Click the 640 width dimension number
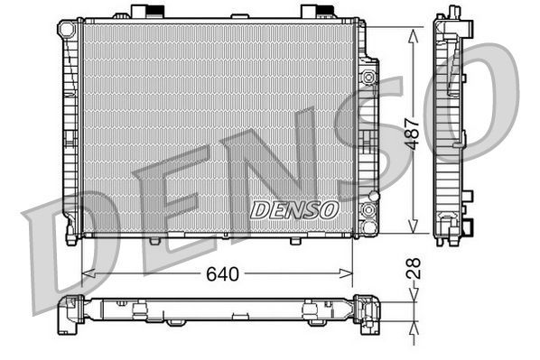tap(223, 273)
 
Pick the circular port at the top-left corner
tap(66, 30)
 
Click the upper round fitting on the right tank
tap(368, 78)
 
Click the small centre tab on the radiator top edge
tap(239, 16)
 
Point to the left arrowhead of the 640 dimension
tap(86, 272)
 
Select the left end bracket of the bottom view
tap(70, 312)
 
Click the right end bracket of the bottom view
tap(366, 312)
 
